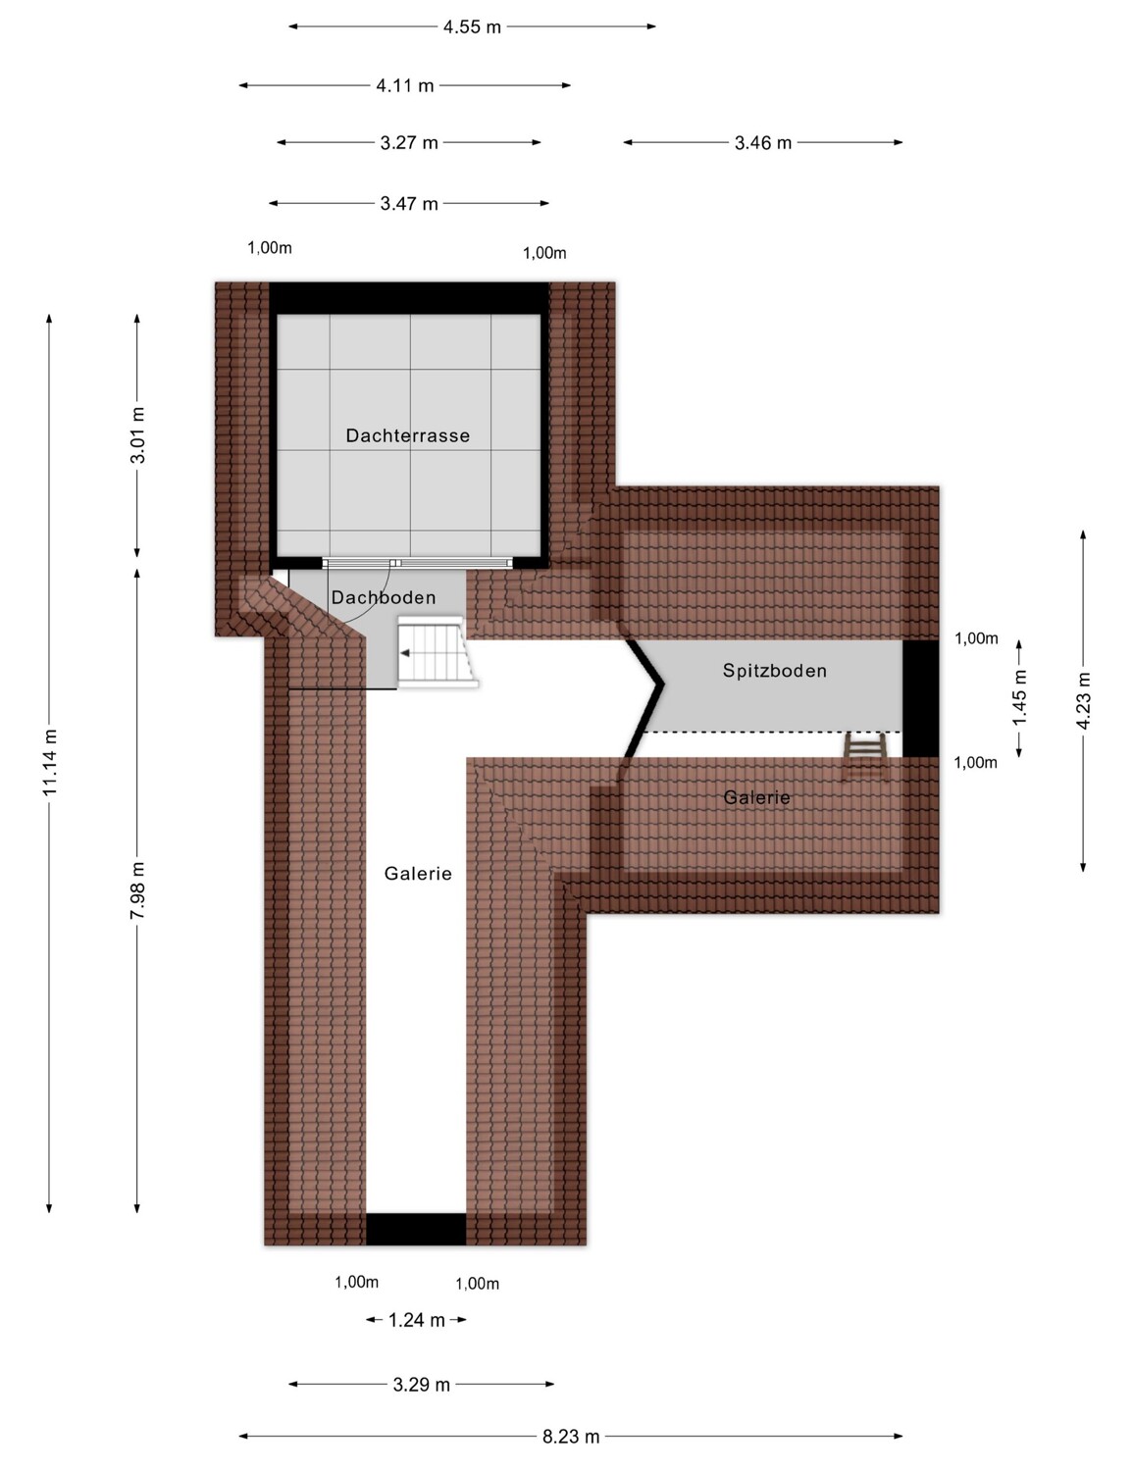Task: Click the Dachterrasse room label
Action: coord(407,435)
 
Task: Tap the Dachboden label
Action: coord(384,597)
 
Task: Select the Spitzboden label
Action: coord(774,670)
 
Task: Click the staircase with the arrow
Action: coord(437,652)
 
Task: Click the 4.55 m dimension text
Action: coord(472,27)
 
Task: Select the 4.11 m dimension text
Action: coord(405,86)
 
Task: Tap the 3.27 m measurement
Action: coord(409,143)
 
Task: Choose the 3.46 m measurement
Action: coord(763,143)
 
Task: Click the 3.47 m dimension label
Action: coord(409,204)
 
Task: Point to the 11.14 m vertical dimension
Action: coord(49,762)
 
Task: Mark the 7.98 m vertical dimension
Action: coord(137,890)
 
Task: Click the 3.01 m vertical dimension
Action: coord(137,434)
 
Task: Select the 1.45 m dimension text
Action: coord(1019,697)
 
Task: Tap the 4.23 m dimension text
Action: coord(1084,700)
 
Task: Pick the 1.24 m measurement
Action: coord(416,1320)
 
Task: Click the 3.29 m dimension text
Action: coord(421,1385)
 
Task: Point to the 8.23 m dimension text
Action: coord(571,1437)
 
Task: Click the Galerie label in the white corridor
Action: coord(418,873)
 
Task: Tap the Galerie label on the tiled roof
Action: coord(756,796)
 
